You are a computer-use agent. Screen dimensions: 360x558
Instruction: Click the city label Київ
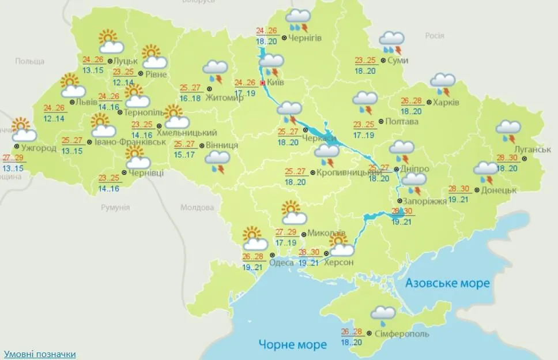[x=276, y=83]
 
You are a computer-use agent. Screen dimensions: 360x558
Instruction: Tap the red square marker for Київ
[x=263, y=83]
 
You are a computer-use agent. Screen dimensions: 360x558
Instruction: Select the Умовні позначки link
[x=40, y=354]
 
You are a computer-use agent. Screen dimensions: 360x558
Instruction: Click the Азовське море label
[x=447, y=283]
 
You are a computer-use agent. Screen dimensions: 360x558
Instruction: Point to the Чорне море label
[x=293, y=344]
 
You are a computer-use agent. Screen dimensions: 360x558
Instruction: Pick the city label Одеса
[x=282, y=263]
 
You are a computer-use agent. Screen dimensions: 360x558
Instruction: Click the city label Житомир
[x=228, y=97]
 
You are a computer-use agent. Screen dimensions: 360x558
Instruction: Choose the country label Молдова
[x=197, y=208]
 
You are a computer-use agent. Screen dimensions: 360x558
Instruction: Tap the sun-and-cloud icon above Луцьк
[x=111, y=41]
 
